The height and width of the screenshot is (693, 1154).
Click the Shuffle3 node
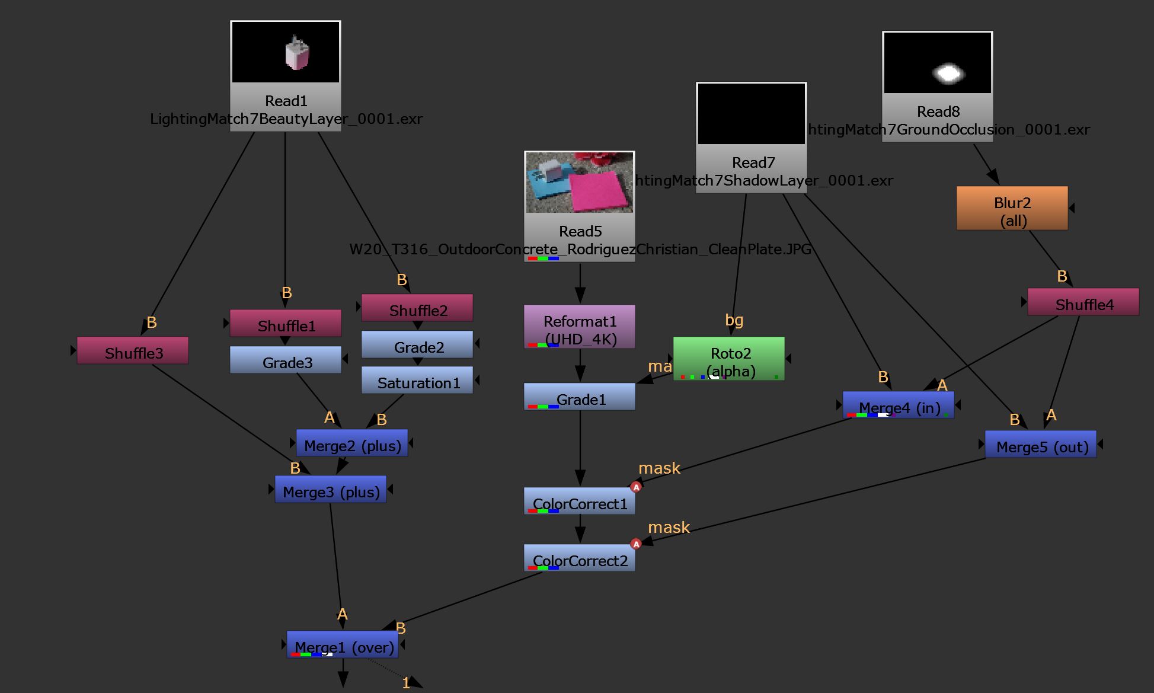pyautogui.click(x=133, y=351)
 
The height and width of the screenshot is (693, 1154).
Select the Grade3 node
pyautogui.click(x=286, y=360)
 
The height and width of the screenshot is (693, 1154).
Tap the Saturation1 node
pyautogui.click(x=417, y=381)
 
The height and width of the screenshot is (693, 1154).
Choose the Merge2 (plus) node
pyautogui.click(x=352, y=443)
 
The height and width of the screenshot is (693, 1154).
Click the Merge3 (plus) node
pyautogui.click(x=331, y=490)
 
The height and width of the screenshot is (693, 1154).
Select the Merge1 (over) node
pyautogui.click(x=343, y=645)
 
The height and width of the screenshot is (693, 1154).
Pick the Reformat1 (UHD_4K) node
pyautogui.click(x=580, y=327)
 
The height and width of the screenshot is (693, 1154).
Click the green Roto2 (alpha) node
pyautogui.click(x=729, y=359)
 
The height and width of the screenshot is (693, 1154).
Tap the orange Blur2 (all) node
pyautogui.click(x=1012, y=209)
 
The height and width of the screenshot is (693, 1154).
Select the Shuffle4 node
pyautogui.click(x=1083, y=302)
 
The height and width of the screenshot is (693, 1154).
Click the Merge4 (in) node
pyautogui.click(x=899, y=405)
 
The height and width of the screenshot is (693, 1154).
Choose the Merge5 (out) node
pyautogui.click(x=1041, y=445)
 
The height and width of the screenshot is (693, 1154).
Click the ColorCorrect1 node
pyautogui.click(x=580, y=502)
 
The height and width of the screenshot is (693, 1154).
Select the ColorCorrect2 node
pyautogui.click(x=580, y=558)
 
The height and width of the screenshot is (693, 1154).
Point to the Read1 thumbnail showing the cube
pyautogui.click(x=297, y=53)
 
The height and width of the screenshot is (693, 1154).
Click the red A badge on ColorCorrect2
pyautogui.click(x=636, y=544)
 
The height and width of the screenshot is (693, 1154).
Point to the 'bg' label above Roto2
pyautogui.click(x=734, y=320)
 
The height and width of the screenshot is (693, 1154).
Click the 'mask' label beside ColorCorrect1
pyautogui.click(x=659, y=468)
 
